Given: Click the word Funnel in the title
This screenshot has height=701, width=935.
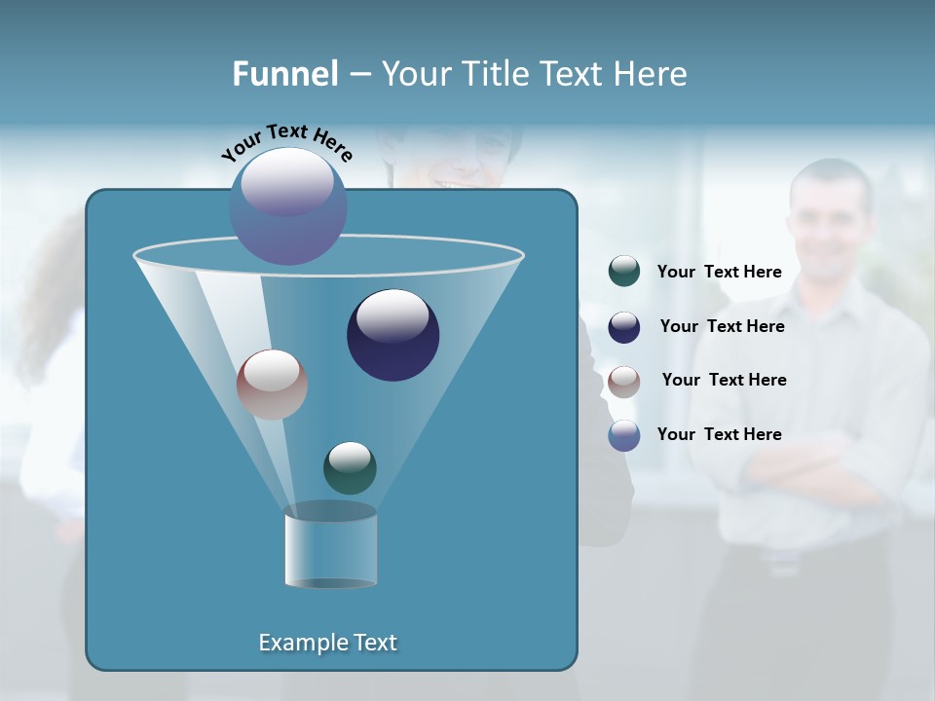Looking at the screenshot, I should [284, 74].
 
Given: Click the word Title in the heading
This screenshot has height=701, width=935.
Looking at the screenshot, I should [497, 74].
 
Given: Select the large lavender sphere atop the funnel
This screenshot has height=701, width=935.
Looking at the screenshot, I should [288, 205].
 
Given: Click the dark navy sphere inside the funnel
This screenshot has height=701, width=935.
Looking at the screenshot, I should [393, 335].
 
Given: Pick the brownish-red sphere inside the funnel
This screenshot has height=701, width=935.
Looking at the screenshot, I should [272, 385].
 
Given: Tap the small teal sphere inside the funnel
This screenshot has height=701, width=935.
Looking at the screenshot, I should [350, 468].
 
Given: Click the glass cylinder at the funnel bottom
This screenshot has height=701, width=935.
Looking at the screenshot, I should [330, 547].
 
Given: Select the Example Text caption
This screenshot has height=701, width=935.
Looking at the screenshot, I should [328, 643].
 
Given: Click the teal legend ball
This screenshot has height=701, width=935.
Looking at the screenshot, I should [624, 272].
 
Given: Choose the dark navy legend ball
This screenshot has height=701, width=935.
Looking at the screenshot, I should [624, 327].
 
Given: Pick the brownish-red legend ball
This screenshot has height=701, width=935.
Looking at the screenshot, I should [624, 382].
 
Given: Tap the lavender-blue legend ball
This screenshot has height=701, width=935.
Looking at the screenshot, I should [624, 435].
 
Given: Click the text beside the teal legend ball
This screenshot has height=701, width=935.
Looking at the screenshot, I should [720, 273].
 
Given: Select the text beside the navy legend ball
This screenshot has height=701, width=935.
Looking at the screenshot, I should [722, 326].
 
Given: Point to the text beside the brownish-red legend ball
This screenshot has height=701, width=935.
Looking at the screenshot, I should [724, 380].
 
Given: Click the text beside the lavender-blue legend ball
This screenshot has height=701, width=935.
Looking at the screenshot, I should [720, 434].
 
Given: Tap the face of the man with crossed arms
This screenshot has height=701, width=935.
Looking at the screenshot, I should [830, 221].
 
